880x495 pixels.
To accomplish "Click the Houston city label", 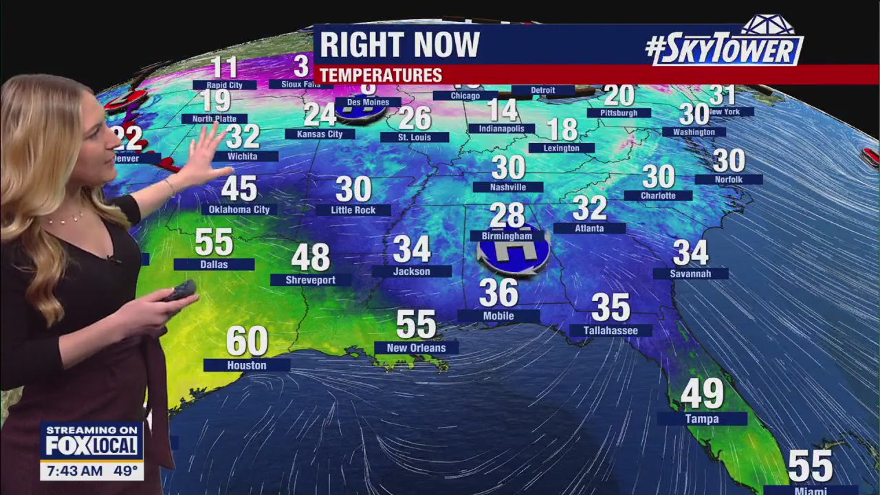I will click(247, 366).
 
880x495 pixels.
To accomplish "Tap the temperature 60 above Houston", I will click(247, 341).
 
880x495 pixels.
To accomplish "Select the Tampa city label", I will click(702, 419).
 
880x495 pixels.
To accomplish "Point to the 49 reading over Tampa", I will click(702, 394).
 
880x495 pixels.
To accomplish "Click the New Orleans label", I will click(416, 348).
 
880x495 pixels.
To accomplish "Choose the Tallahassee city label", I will click(610, 331).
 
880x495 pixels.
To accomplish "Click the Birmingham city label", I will click(507, 236).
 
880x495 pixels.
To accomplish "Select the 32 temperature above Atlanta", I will click(589, 208).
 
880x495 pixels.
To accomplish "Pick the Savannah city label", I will click(691, 274).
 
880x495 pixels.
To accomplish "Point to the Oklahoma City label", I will click(239, 210).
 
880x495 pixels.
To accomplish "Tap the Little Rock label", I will click(353, 210).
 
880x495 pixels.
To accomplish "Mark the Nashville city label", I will click(508, 187).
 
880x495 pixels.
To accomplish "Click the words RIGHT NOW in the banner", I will click(399, 45).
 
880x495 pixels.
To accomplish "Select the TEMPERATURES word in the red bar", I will click(380, 76).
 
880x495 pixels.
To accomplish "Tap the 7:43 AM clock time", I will click(72, 472).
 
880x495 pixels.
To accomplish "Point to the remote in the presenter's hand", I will click(180, 290).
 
